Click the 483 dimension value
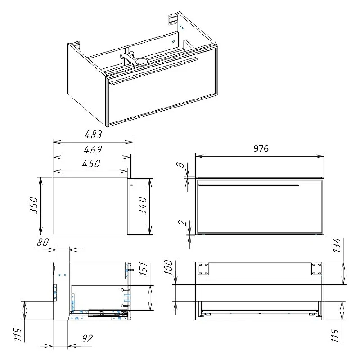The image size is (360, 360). point(93,134)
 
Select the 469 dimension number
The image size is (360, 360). point(93,150)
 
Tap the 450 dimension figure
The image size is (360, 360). point(91,164)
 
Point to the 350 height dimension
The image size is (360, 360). point(34,205)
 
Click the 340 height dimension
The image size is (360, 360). point(143,206)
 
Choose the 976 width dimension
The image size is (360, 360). point(261,148)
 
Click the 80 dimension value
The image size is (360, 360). point(43,243)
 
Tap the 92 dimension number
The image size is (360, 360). point(87,339)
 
